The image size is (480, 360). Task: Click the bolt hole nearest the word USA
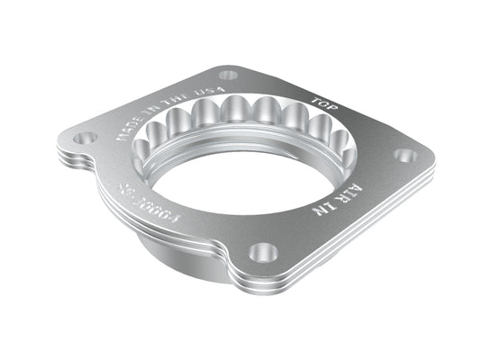pyautogui.click(x=228, y=75)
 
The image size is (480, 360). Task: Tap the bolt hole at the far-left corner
pyautogui.click(x=85, y=139)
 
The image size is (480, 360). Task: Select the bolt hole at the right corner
pyautogui.click(x=406, y=156)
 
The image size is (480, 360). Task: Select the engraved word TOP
pyautogui.click(x=322, y=101)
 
